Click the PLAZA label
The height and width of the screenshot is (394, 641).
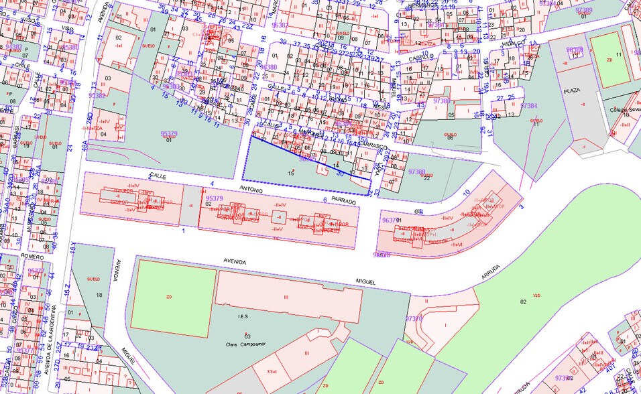coord(571,90)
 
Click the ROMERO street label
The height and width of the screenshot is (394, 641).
coord(32,256)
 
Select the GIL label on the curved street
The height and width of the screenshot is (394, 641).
coord(419,211)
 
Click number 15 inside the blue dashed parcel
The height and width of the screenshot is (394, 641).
coord(290,174)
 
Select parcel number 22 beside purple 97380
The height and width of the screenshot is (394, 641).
coord(426,178)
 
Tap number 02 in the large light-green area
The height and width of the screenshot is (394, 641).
coord(523,302)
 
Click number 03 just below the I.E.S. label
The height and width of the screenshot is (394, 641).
coord(247,335)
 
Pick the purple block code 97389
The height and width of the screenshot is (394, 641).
coord(584,11)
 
